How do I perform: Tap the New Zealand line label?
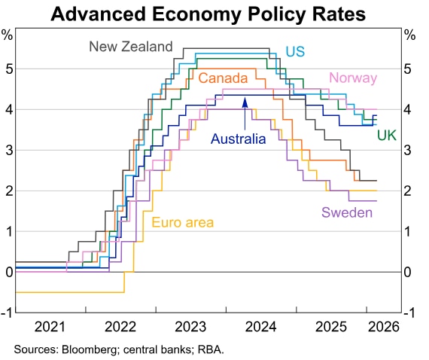pyautogui.click(x=131, y=47)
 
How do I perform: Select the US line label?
pyautogui.click(x=295, y=51)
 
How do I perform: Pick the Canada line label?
pyautogui.click(x=224, y=78)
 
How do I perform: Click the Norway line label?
pyautogui.click(x=353, y=78)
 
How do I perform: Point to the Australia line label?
pyautogui.click(x=239, y=139)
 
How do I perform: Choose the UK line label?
pyautogui.click(x=387, y=135)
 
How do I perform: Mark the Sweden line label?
pyautogui.click(x=347, y=212)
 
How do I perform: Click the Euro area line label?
pyautogui.click(x=183, y=222)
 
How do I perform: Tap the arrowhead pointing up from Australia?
pyautogui.click(x=245, y=102)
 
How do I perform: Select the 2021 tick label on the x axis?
pyautogui.click(x=50, y=328)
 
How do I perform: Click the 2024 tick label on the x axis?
pyautogui.click(x=261, y=328)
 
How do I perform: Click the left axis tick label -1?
pyautogui.click(x=6, y=313)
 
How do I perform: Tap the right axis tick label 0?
pyautogui.click(x=407, y=272)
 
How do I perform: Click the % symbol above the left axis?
pyautogui.click(x=8, y=35)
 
